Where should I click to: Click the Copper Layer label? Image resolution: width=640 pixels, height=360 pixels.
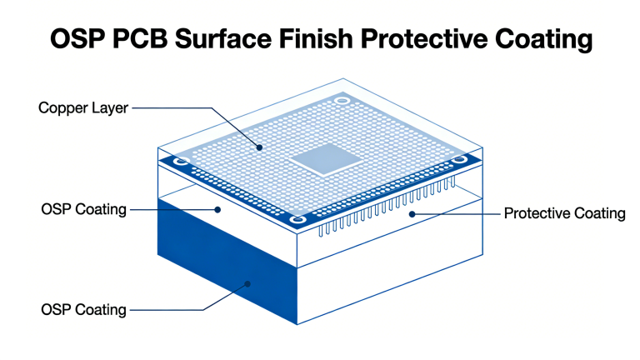click(x=83, y=108)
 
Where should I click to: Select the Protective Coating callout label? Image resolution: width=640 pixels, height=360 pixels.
click(x=564, y=213)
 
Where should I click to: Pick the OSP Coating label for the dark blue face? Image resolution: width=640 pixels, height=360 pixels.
click(x=83, y=310)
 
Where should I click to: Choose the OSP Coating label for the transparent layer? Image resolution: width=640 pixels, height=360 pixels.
click(x=83, y=209)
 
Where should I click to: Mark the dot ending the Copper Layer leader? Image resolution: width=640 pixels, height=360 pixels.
click(x=260, y=147)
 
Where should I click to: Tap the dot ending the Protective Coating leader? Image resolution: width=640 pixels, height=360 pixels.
click(x=411, y=213)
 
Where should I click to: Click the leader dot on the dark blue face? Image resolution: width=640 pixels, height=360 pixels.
click(x=247, y=284)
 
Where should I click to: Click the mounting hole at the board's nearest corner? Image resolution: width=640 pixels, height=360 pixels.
click(x=298, y=220)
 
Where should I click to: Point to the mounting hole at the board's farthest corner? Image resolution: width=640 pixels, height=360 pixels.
click(x=341, y=101)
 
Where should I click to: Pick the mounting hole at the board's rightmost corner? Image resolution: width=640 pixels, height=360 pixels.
click(x=459, y=157)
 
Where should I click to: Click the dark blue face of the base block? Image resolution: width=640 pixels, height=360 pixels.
click(x=225, y=258)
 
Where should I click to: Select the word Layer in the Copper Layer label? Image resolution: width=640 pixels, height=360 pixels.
click(x=111, y=108)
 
